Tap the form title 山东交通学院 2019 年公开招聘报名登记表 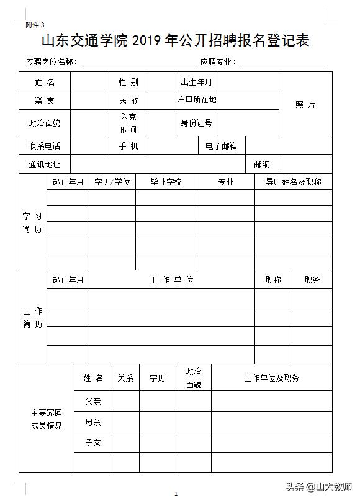[175, 42]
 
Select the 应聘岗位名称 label [52, 62]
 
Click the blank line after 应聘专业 [282, 63]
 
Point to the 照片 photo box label [305, 104]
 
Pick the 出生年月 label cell [196, 82]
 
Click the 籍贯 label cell [45, 100]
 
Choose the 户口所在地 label [197, 99]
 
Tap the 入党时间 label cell [128, 123]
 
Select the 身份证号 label [196, 123]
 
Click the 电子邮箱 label [222, 146]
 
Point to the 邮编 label [262, 164]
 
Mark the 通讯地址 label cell [45, 164]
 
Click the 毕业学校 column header [166, 182]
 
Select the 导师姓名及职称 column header [294, 182]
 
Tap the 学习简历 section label [33, 222]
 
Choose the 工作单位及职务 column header [272, 378]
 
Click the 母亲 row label [93, 422]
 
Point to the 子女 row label [93, 442]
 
